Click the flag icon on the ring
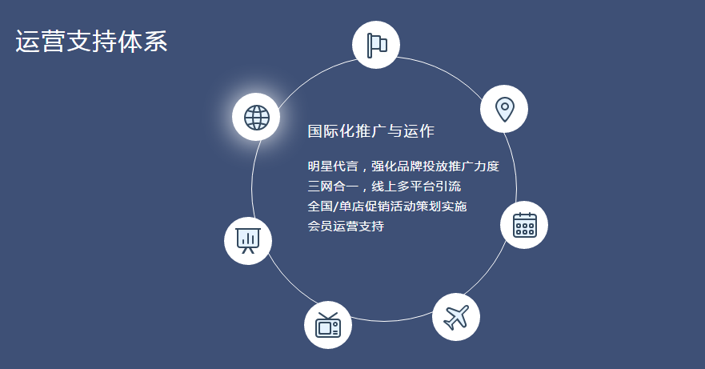[x=376, y=45]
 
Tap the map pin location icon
[x=504, y=109]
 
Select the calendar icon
[x=524, y=225]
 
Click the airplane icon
[x=456, y=317]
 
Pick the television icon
[x=328, y=325]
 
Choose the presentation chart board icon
[x=248, y=241]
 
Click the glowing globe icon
[x=256, y=117]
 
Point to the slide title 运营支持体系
[x=92, y=42]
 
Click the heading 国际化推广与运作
[x=371, y=131]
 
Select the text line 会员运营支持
[x=346, y=226]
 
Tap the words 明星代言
[x=333, y=166]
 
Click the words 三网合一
[x=333, y=186]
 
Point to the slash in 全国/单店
[x=335, y=206]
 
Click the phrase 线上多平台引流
[x=416, y=186]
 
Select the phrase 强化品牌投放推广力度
[x=435, y=166]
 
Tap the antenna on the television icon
[x=328, y=315]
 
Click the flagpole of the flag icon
[x=369, y=46]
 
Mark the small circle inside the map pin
[x=504, y=106]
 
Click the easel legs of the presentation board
[x=248, y=249]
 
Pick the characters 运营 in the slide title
[x=41, y=42]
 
